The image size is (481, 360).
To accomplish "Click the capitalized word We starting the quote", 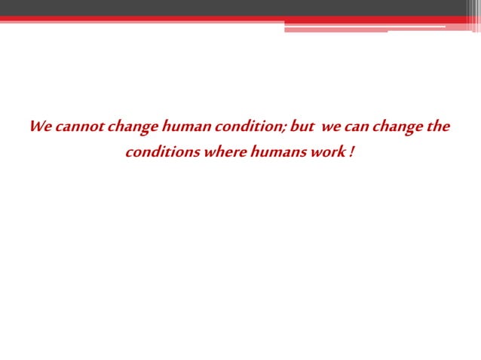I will click(39, 126).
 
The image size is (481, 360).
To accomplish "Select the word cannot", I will click(78, 126).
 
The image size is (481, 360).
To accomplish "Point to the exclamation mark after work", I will click(351, 151).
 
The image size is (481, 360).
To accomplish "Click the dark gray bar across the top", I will click(226, 7).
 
